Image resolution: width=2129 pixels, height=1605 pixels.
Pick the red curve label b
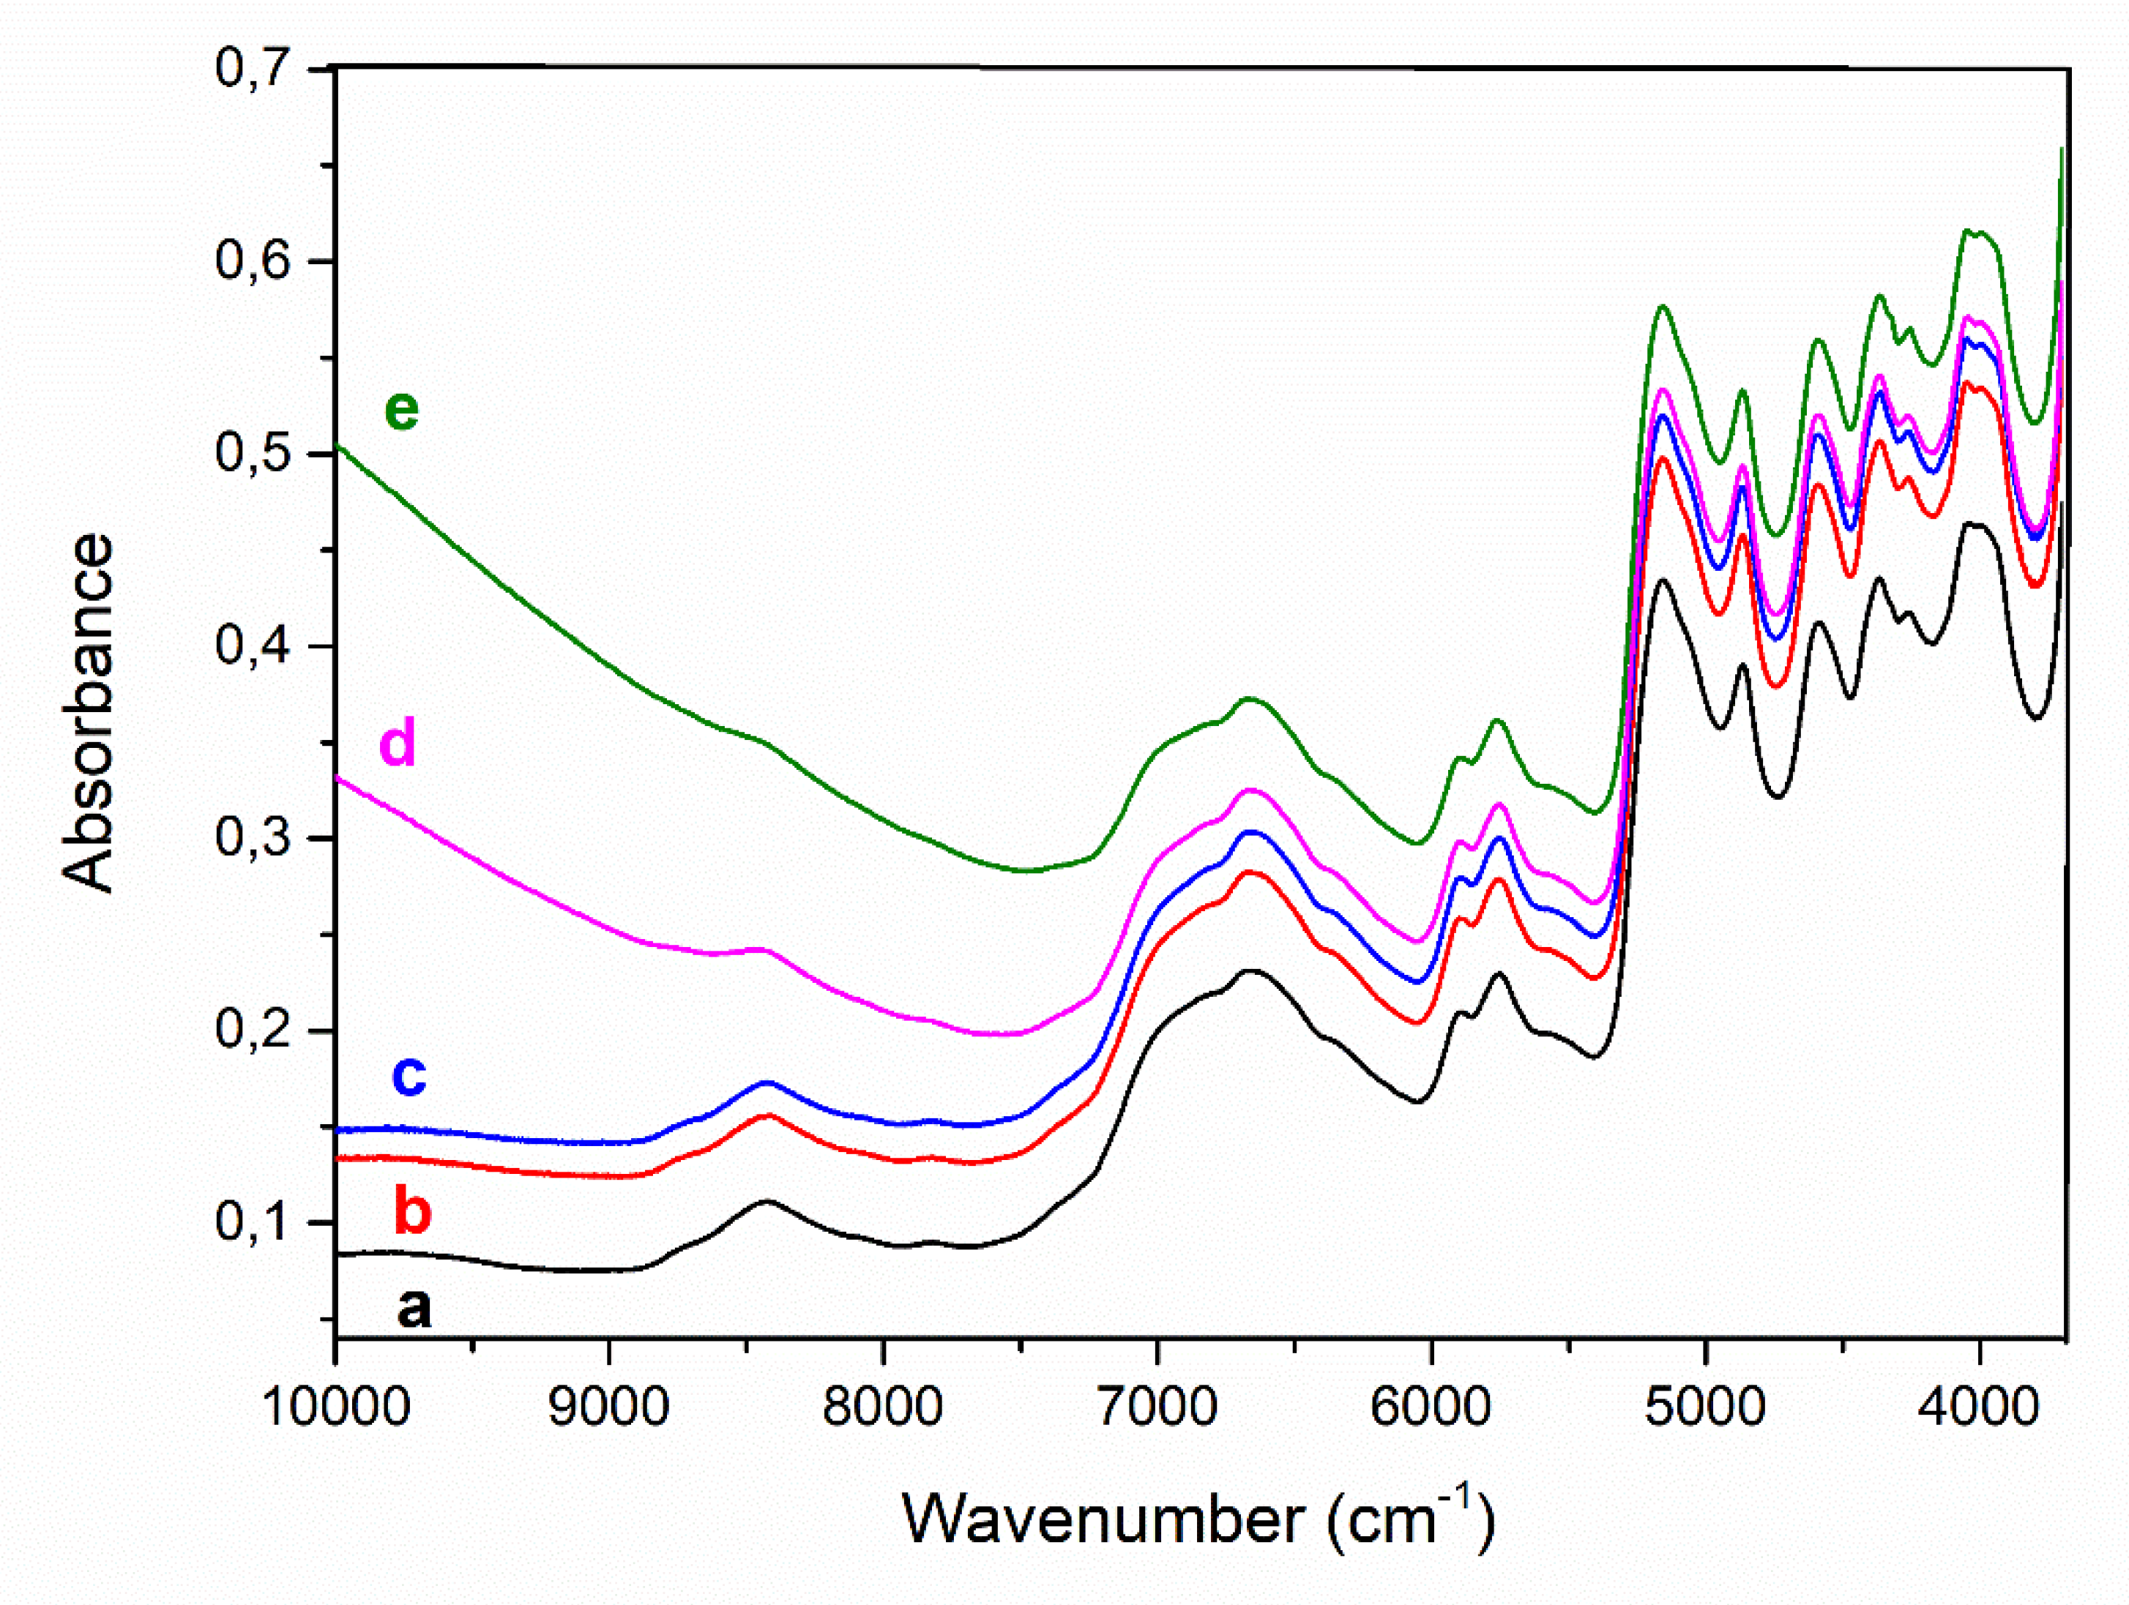click(x=412, y=1211)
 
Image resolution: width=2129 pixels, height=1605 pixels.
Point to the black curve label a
click(x=414, y=1309)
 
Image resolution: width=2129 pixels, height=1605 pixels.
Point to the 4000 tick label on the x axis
click(x=1979, y=1407)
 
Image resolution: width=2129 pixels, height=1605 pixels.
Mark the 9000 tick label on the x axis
click(x=609, y=1407)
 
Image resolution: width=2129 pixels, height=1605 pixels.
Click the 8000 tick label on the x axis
click(x=883, y=1407)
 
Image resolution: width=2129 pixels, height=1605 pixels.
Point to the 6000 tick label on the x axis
click(x=1431, y=1407)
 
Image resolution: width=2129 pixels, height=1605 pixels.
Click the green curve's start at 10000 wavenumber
click(x=339, y=447)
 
